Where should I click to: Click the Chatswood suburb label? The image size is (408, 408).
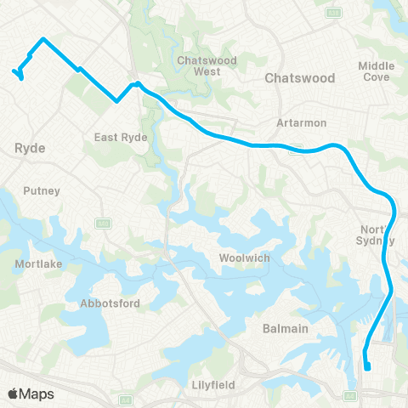[x=300, y=77]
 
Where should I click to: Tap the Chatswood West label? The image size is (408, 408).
[x=199, y=65]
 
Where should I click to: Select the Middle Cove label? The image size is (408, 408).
[x=377, y=71]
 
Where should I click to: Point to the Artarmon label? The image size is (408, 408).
[x=296, y=122]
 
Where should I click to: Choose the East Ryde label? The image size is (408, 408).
[x=122, y=137]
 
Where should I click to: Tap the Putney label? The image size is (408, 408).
[x=42, y=191]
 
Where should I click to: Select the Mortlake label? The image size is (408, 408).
[x=36, y=264]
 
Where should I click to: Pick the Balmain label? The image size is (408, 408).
[x=285, y=327]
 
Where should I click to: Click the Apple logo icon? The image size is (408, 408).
[x=14, y=394]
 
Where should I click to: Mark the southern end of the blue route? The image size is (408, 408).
[x=368, y=368]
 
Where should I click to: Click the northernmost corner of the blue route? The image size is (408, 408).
[x=43, y=39]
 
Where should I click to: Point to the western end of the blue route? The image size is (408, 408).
[x=14, y=71]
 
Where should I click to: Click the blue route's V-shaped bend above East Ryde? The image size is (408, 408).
[x=117, y=101]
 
